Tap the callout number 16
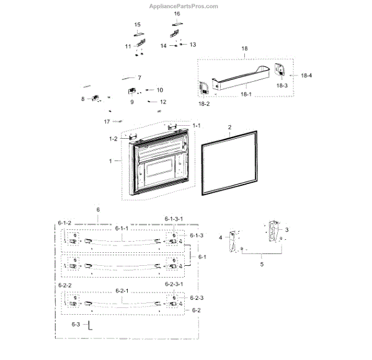pyautogui.click(x=177, y=14)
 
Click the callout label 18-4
pyautogui.click(x=306, y=75)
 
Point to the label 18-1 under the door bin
pyautogui.click(x=246, y=94)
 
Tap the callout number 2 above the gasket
pyautogui.click(x=229, y=127)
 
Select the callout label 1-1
pyautogui.click(x=197, y=126)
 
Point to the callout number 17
pyautogui.click(x=107, y=121)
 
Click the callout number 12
pyautogui.click(x=163, y=102)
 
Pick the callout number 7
pyautogui.click(x=139, y=78)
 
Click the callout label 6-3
pyautogui.click(x=76, y=325)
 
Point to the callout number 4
pyautogui.click(x=220, y=237)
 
